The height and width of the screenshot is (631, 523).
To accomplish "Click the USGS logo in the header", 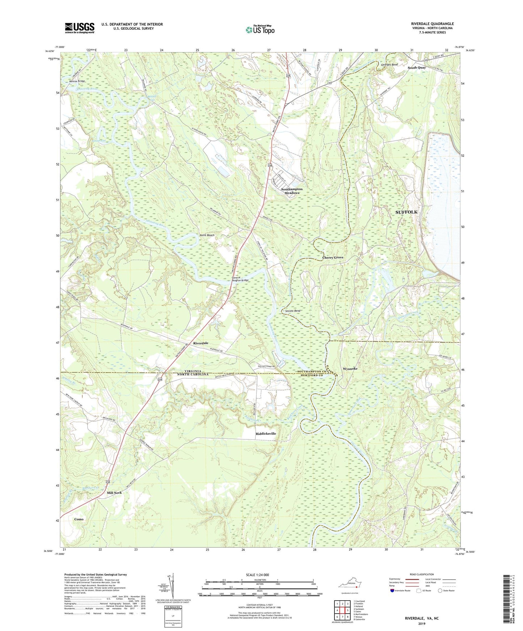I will [80, 28].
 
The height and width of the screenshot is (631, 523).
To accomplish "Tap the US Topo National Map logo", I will [260, 30].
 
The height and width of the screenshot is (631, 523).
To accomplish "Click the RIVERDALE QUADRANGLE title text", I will [432, 24].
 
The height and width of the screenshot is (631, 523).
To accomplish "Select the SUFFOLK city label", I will [406, 212].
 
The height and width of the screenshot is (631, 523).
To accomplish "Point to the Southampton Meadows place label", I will [292, 191].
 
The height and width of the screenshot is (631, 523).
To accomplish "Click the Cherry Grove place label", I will [333, 258].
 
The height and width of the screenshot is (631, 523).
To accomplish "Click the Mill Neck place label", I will [114, 493].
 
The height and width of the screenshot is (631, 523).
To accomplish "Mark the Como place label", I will [79, 519].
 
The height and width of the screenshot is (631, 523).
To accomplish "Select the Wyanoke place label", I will [350, 369].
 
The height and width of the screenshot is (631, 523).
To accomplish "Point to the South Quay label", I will [417, 68].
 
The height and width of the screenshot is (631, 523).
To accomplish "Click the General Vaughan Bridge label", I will [240, 279].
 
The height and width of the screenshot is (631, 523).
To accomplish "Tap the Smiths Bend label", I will [292, 311].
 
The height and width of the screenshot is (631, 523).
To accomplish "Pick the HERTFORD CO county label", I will [310, 375].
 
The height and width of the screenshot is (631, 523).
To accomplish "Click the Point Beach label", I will [207, 235].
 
